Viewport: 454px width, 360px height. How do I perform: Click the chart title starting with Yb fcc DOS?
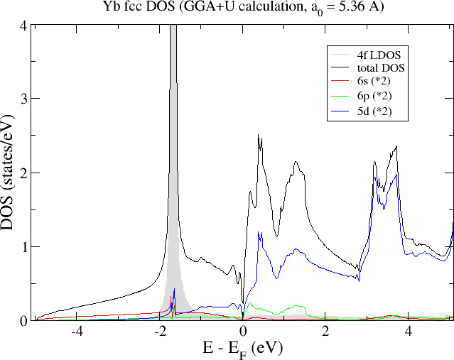(x=242, y=9)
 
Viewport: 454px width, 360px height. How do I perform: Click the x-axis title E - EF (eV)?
(x=242, y=349)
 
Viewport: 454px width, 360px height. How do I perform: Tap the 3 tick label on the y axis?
(x=23, y=99)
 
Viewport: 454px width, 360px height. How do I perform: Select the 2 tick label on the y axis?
(x=23, y=173)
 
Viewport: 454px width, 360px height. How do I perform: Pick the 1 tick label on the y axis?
(x=23, y=247)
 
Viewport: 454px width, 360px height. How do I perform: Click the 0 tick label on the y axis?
(x=23, y=321)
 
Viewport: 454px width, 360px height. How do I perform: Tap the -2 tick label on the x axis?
(x=160, y=332)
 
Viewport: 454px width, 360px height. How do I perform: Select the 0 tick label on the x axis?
(x=243, y=332)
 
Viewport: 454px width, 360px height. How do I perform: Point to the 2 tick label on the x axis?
(x=325, y=332)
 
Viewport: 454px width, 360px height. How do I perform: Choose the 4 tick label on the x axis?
(x=408, y=332)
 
